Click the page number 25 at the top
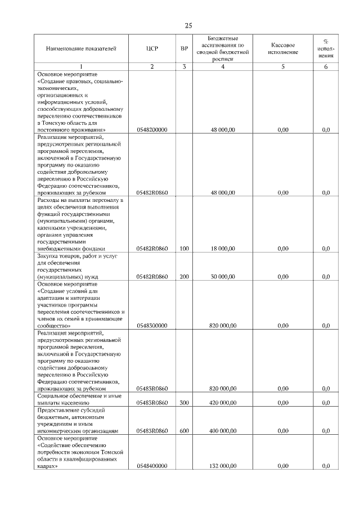(188, 25)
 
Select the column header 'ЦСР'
(152, 49)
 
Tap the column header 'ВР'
(184, 49)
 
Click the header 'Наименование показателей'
(81, 49)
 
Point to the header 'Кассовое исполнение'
(283, 48)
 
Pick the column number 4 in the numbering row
(223, 67)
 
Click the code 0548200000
(152, 129)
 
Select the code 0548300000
(152, 326)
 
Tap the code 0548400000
(152, 466)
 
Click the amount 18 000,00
(223, 248)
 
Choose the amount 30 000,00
(223, 277)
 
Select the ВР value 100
(184, 248)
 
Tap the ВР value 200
(184, 277)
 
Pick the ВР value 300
(184, 403)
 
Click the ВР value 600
(184, 431)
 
